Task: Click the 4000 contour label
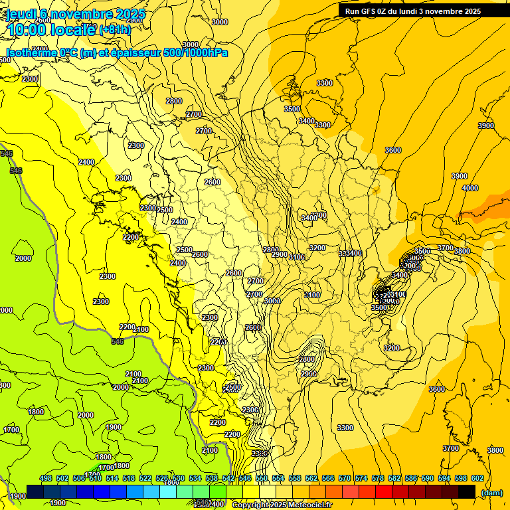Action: [469, 188]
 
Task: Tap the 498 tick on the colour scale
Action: [46, 478]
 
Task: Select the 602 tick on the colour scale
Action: [477, 478]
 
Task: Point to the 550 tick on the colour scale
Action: [262, 478]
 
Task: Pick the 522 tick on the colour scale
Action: [145, 478]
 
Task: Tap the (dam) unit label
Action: [491, 493]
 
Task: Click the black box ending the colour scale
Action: [467, 491]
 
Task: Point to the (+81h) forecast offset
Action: [115, 30]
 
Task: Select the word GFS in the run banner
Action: [367, 11]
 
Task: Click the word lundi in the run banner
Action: [412, 11]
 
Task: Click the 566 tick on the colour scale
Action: [328, 478]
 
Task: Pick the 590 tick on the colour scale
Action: [428, 478]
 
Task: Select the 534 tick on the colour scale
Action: [195, 478]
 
